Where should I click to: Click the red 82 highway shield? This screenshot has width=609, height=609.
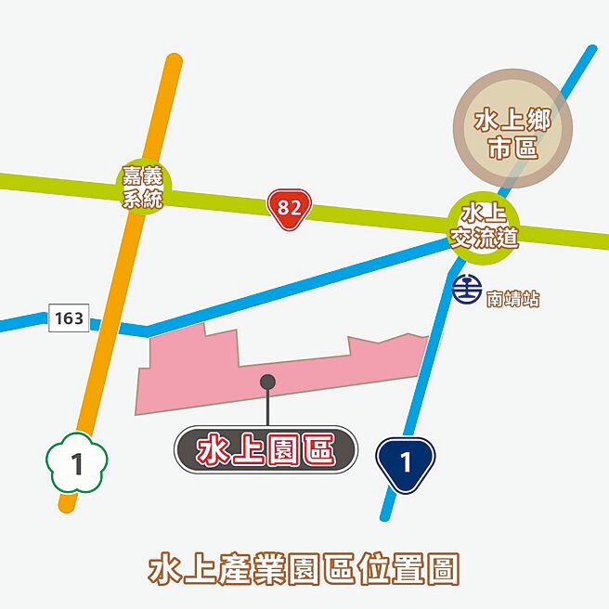click(x=289, y=209)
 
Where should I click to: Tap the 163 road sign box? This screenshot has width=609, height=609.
click(x=69, y=318)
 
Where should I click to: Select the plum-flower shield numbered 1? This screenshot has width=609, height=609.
click(x=77, y=461)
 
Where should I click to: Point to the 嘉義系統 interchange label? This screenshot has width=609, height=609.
click(x=142, y=187)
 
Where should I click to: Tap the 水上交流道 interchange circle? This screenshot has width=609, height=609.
click(x=482, y=227)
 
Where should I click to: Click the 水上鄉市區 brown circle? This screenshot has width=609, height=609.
click(x=512, y=134)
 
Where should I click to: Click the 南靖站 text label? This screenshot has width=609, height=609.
click(x=512, y=300)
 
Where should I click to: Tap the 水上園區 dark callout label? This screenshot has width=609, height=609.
click(x=266, y=450)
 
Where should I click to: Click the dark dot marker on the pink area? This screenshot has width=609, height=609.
click(x=267, y=382)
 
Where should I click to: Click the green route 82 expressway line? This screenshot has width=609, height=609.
click(x=371, y=215)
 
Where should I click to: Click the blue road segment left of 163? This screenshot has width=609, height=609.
click(x=23, y=324)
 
